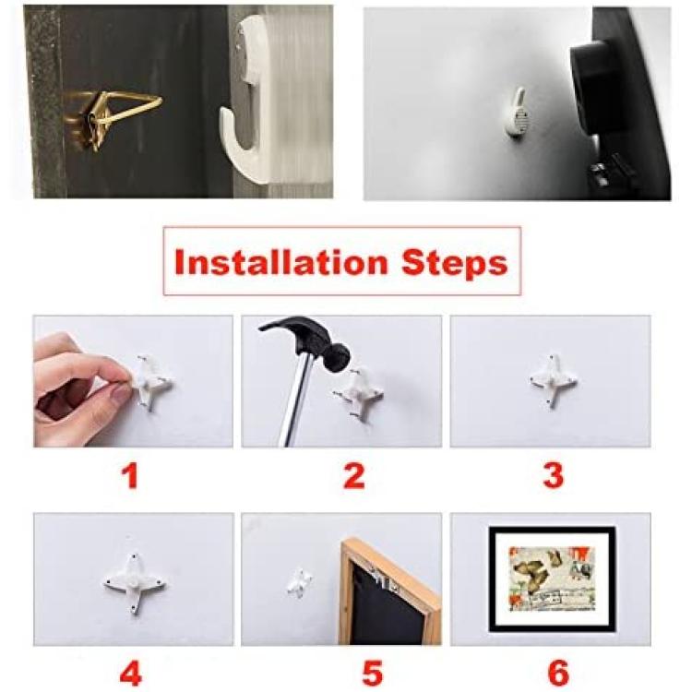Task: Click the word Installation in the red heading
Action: pyautogui.click(x=280, y=262)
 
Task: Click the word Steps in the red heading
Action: pyautogui.click(x=454, y=264)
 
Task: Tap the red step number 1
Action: pyautogui.click(x=130, y=475)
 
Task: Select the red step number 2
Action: pyautogui.click(x=354, y=475)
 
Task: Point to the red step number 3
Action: pyautogui.click(x=554, y=475)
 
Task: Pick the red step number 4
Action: pyautogui.click(x=131, y=673)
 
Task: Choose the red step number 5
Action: pyautogui.click(x=372, y=673)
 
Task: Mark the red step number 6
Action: pyautogui.click(x=558, y=673)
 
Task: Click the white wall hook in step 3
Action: pyautogui.click(x=553, y=379)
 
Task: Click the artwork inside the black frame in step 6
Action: pyautogui.click(x=552, y=579)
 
